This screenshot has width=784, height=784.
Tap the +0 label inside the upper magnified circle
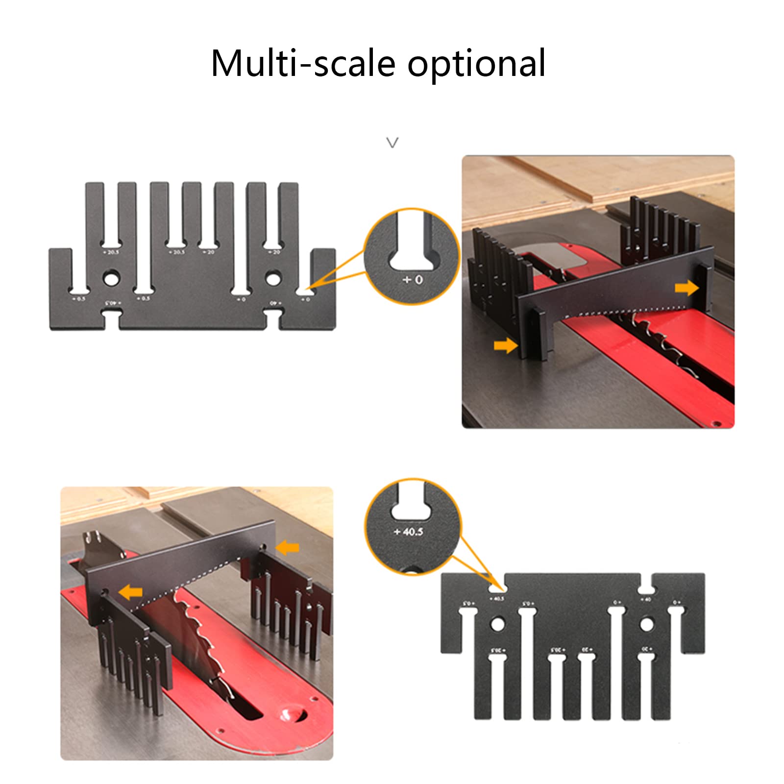413,280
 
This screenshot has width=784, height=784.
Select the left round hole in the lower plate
497,624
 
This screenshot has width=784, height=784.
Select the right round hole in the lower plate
646,624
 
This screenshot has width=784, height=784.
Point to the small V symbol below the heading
392,143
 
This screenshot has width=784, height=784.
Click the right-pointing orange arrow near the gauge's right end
686,288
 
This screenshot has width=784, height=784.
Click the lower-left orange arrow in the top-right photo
505,346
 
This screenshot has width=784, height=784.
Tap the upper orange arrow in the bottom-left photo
288,547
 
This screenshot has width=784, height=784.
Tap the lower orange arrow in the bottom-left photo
131,592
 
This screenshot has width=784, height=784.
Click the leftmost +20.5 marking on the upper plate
113,252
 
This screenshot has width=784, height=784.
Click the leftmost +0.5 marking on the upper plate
78,298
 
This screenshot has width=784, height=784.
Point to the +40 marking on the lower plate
646,599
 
